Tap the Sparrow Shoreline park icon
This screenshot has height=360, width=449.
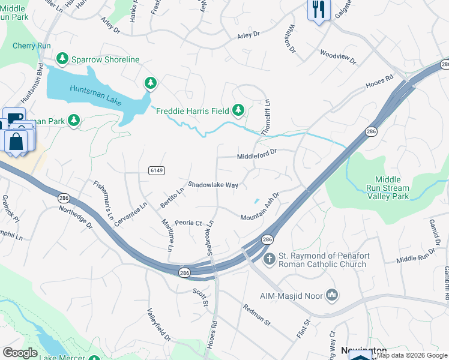61,59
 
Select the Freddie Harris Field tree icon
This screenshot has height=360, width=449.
239,109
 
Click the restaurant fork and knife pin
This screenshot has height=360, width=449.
318,9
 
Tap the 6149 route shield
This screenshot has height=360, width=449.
157,170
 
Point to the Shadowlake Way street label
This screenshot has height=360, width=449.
213,185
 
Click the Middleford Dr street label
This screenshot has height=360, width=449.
256,155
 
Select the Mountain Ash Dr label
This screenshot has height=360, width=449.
261,208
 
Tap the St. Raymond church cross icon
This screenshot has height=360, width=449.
270,258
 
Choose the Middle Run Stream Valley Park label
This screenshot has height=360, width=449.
391,188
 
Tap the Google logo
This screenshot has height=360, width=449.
20,352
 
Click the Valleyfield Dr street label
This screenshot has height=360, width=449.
159,325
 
